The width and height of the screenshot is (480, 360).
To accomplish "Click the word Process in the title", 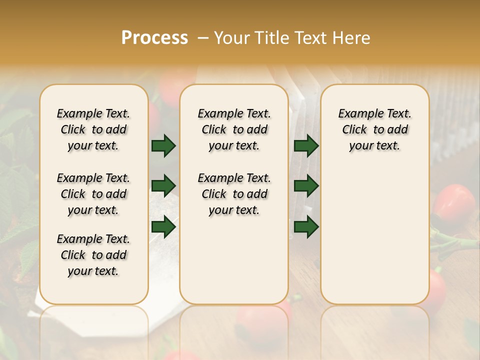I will tap(154, 37).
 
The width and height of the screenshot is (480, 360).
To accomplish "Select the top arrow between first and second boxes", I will tap(163, 145).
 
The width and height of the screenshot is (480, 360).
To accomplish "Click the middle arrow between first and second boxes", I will tap(163, 186).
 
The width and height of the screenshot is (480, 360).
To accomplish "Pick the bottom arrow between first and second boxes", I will tap(163, 226).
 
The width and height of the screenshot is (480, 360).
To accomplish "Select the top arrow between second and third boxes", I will tap(306, 145).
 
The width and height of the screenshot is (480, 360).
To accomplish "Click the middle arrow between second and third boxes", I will tap(306, 186).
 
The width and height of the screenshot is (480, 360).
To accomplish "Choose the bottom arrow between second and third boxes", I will tap(306, 226).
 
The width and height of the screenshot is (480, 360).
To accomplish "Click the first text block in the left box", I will tap(93, 129).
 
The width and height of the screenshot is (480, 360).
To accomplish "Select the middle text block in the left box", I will tap(93, 194).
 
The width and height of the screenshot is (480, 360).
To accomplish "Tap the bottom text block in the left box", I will tap(93, 255).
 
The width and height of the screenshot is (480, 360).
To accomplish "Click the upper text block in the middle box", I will tap(234, 129).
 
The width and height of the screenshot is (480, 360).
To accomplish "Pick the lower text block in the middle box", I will tap(234, 194).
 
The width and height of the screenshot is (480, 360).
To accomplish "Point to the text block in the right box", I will tap(374, 129).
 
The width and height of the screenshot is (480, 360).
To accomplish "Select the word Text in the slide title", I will tap(311, 38).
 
